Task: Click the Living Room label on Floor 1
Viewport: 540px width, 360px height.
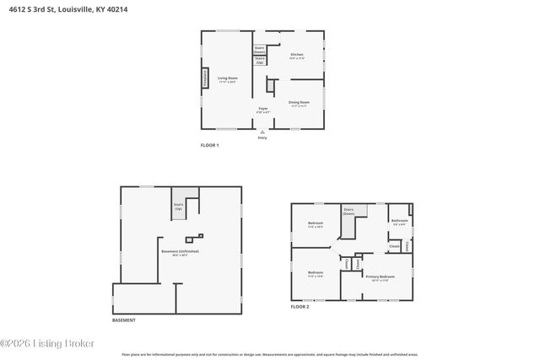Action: pos(226,79)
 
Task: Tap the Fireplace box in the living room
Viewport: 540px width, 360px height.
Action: pos(203,78)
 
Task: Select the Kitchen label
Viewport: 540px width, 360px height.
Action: pos(296,56)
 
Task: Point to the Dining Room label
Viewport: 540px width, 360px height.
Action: pos(300,103)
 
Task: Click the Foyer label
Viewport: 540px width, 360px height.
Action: pos(263,110)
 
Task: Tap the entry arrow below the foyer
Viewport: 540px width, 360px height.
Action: pos(262,132)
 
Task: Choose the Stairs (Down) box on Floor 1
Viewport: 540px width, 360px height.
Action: pos(260,50)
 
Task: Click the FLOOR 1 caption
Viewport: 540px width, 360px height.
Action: pos(209,145)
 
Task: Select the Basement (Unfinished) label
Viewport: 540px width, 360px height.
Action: pos(180,252)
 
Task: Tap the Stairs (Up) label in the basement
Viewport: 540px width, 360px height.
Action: pos(178,205)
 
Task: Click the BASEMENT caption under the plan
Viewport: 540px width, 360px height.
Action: pos(124,320)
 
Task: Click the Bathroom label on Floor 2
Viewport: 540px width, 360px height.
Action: pos(399,222)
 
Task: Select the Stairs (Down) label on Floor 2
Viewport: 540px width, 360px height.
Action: pos(348,211)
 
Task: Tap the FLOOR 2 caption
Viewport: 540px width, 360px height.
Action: pos(300,306)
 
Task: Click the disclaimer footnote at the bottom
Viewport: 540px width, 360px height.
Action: pos(269,355)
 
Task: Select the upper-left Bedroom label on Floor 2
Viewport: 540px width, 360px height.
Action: pos(316,224)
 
